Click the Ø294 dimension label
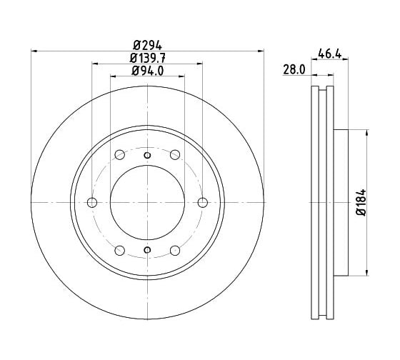(x=147, y=46)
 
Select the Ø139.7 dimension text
(x=147, y=59)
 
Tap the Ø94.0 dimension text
(x=147, y=71)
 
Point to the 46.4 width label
(x=329, y=54)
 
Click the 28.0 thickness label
(x=294, y=69)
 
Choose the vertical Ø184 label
(x=361, y=203)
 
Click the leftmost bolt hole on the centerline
(x=92, y=203)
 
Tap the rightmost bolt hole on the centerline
(x=203, y=203)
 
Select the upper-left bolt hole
(x=120, y=154)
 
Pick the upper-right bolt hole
(x=175, y=154)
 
